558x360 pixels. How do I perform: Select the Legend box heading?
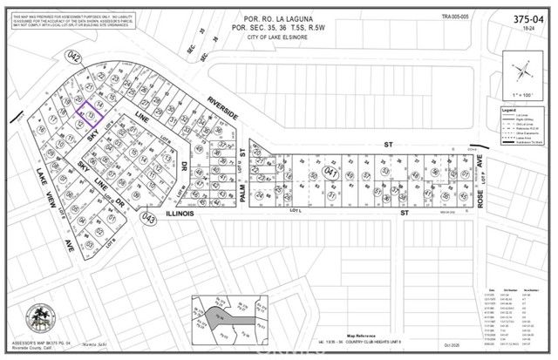[x=508, y=111]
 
